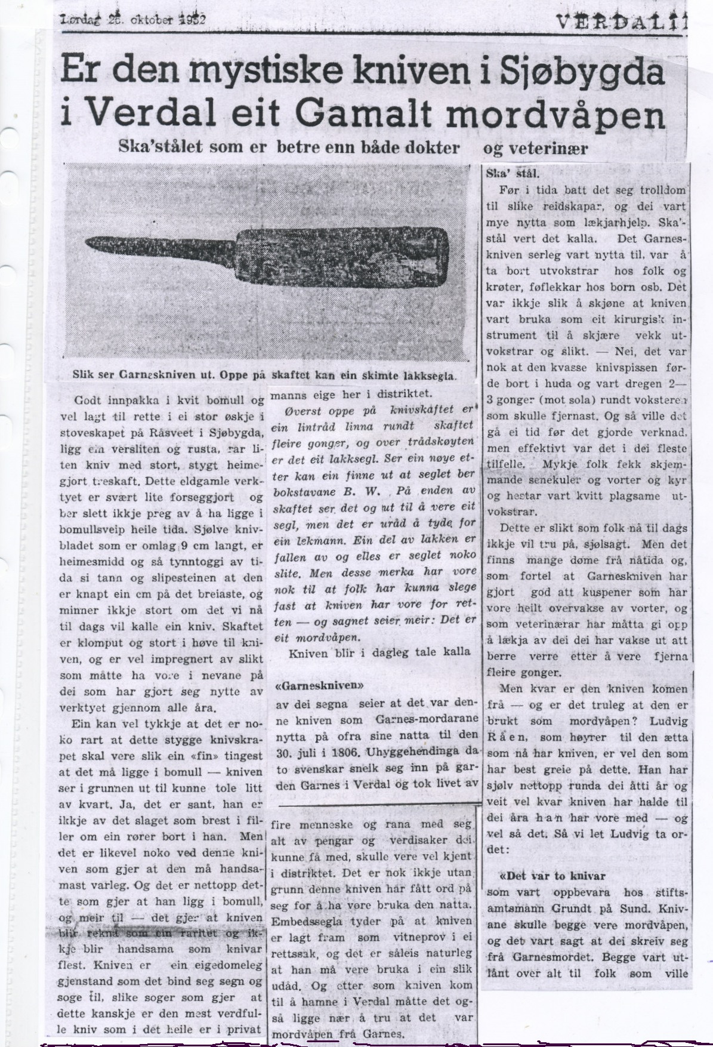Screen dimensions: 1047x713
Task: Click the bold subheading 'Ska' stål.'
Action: [514, 175]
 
